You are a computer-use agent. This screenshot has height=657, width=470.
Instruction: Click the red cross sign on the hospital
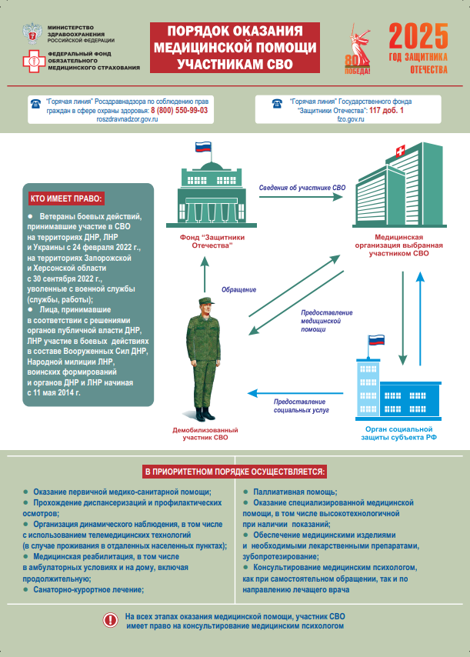pyautogui.click(x=398, y=149)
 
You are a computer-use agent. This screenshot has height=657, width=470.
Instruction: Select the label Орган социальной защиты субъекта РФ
pyautogui.click(x=399, y=432)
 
